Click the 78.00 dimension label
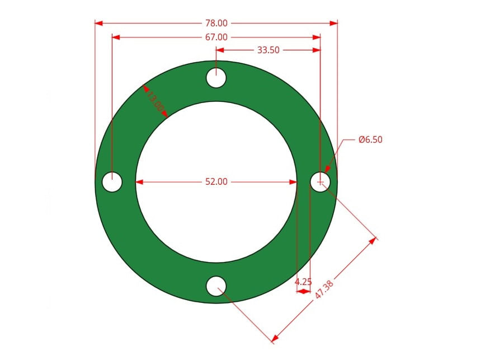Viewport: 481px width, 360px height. pyautogui.click(x=216, y=23)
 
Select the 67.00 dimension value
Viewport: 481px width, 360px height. pyautogui.click(x=216, y=37)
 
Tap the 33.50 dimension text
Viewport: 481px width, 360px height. pyautogui.click(x=268, y=50)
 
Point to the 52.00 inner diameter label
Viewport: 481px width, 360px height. pyautogui.click(x=216, y=181)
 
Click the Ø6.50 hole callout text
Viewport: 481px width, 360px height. pyautogui.click(x=371, y=139)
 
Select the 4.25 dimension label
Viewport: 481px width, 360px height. pyautogui.click(x=303, y=282)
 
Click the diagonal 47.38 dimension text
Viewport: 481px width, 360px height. pyautogui.click(x=324, y=289)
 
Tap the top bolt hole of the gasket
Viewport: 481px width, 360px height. pyautogui.click(x=216, y=78)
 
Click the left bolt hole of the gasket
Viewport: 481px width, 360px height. pyautogui.click(x=112, y=182)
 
